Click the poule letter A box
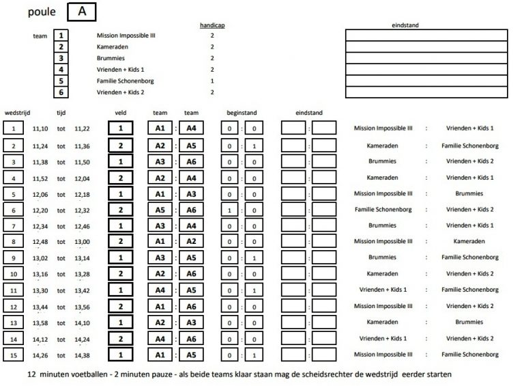(82, 12)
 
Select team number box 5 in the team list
(61, 81)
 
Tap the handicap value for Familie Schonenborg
(212, 81)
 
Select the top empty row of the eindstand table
(426, 36)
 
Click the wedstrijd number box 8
(14, 241)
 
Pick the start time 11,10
(40, 128)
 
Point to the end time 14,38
(82, 355)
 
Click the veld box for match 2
(120, 146)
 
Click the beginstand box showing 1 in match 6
(231, 210)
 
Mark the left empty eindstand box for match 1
(293, 128)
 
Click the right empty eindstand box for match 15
(324, 355)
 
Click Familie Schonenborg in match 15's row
(470, 355)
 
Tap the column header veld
(120, 113)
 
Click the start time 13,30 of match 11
(40, 289)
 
